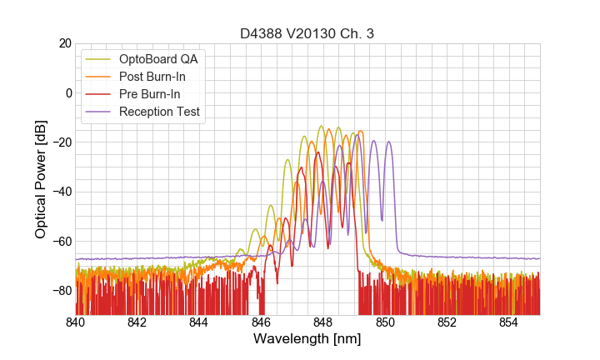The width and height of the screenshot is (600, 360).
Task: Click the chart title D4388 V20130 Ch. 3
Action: pyautogui.click(x=307, y=33)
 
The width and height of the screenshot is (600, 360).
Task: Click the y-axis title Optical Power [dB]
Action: pyautogui.click(x=41, y=178)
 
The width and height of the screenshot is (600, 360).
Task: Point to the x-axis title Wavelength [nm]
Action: pyautogui.click(x=307, y=339)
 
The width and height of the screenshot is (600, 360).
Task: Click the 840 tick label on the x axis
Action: pyautogui.click(x=76, y=322)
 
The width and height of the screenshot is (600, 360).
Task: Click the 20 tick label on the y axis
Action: pyautogui.click(x=64, y=42)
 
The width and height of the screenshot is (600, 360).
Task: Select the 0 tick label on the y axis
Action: pyautogui.click(x=67, y=92)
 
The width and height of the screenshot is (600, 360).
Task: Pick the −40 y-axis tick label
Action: pyautogui.click(x=60, y=192)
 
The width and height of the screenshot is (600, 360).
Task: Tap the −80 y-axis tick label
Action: pyautogui.click(x=60, y=291)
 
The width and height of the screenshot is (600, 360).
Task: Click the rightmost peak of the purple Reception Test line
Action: pyautogui.click(x=388, y=142)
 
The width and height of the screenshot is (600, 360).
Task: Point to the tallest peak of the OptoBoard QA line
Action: pyautogui.click(x=321, y=127)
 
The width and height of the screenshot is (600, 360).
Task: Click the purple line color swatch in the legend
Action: pyautogui.click(x=97, y=112)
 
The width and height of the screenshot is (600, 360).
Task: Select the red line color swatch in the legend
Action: pyautogui.click(x=97, y=94)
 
